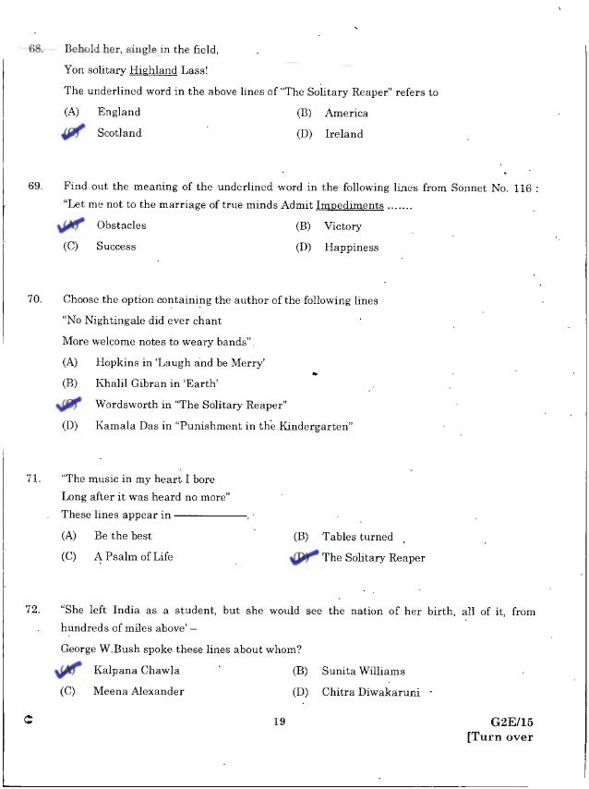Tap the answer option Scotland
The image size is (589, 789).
(119, 133)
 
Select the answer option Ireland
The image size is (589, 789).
(343, 134)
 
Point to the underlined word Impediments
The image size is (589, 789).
(350, 205)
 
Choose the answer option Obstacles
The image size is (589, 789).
(121, 225)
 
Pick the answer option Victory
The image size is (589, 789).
(343, 226)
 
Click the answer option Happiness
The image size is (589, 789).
(351, 248)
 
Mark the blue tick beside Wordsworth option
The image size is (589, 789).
(70, 405)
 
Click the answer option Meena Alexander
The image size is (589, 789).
(138, 691)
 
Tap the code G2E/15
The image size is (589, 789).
(513, 722)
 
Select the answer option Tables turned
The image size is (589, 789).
(357, 536)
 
